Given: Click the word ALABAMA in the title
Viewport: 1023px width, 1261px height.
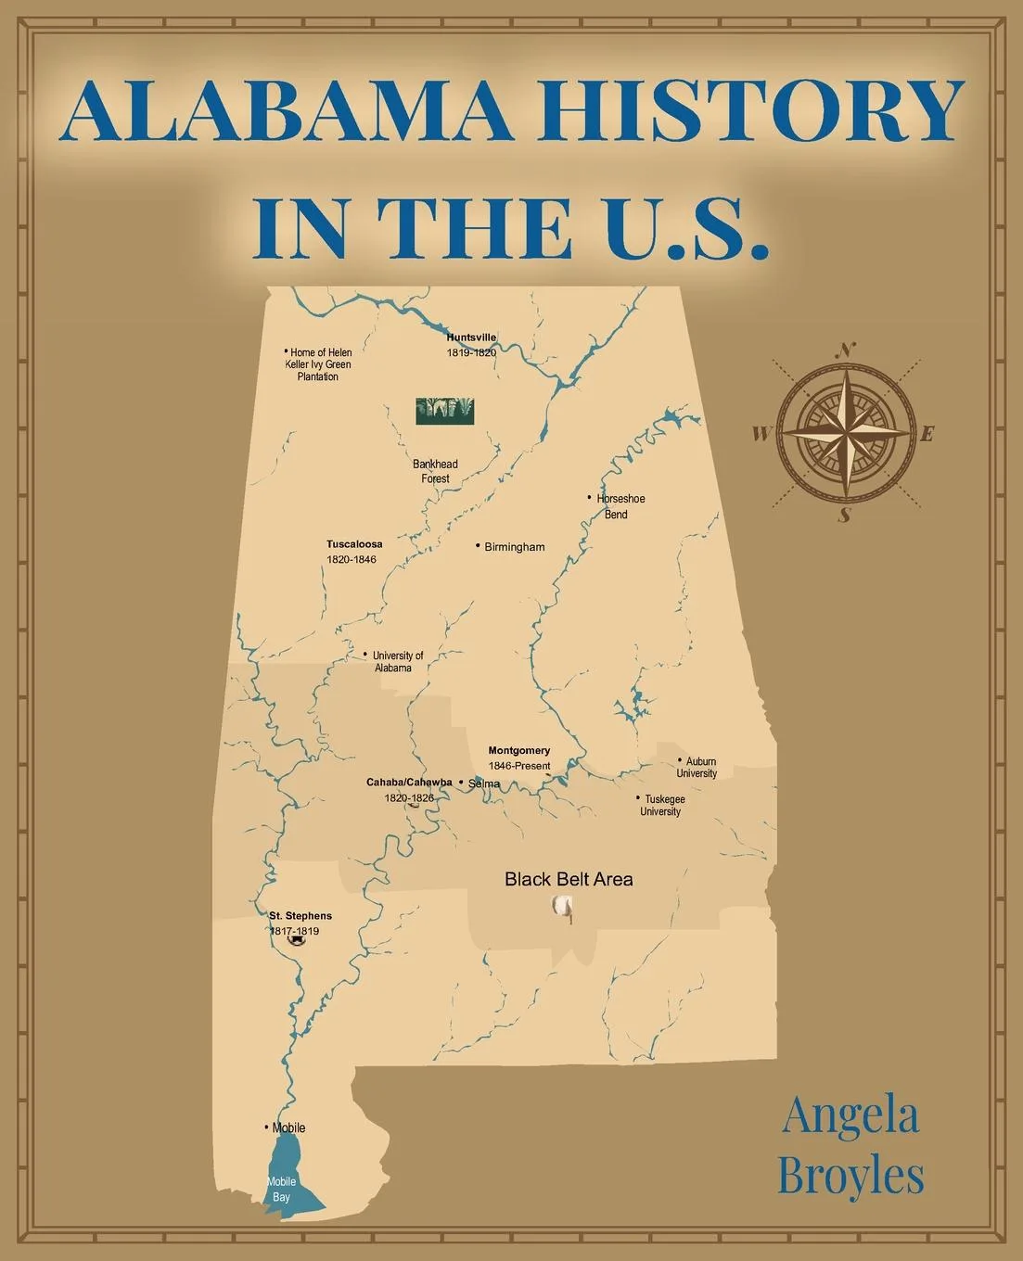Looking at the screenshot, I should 284,111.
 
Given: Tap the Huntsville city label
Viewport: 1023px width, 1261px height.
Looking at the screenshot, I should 471,338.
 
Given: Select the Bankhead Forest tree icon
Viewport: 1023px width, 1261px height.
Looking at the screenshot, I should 444,411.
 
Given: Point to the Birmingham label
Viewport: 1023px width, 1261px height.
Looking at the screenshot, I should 514,547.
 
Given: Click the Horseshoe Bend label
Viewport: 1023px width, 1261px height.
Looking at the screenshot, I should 620,506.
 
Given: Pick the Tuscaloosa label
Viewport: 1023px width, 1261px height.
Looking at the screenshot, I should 354,544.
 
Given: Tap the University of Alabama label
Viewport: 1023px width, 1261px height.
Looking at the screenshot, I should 397,661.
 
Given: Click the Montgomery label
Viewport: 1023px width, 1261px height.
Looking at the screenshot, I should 519,750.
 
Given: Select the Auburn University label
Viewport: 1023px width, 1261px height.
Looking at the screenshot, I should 697,767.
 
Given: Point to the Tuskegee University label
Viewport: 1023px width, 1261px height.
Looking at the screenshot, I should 662,805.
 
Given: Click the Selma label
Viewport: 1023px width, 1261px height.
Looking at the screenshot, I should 483,783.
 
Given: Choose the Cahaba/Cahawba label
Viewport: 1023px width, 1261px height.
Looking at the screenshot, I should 409,782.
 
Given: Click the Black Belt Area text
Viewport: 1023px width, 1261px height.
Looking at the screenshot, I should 569,879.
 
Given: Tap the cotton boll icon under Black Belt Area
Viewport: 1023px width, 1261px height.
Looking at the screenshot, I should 562,907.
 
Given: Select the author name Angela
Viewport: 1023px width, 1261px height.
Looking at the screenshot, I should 850,1116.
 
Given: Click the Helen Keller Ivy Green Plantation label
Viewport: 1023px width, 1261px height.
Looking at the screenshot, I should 318,364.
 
